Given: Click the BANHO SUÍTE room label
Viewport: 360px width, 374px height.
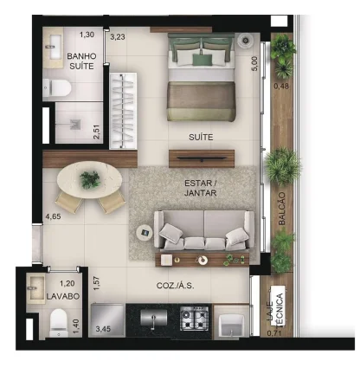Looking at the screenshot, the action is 81,61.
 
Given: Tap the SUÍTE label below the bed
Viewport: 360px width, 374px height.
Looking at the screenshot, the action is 201,137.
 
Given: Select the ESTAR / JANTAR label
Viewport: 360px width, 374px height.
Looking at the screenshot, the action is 201,188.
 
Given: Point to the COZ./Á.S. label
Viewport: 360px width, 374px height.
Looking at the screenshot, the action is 175,286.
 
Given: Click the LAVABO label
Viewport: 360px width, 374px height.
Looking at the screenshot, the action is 63,296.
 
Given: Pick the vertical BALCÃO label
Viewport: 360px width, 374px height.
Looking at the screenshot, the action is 282,209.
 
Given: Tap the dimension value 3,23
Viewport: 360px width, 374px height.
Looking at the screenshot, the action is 118,37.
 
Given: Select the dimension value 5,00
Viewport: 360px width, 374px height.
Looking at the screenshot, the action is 255,63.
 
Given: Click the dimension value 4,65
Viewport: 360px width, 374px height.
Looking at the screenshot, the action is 54,216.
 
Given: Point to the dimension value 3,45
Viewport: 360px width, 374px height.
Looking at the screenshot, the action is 103,328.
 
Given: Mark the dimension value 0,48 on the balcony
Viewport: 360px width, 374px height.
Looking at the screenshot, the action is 281,86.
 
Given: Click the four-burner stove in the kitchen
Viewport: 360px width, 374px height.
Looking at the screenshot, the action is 195,318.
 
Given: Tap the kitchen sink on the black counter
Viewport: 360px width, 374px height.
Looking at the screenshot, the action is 154,318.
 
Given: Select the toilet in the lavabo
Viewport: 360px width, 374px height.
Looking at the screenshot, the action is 59,323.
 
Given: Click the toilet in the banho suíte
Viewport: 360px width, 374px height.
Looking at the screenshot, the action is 57,87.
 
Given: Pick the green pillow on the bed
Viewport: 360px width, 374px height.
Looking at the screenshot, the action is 202,60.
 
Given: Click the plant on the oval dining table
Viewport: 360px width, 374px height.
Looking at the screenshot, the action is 90,180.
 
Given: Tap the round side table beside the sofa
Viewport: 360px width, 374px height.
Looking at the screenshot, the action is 145,233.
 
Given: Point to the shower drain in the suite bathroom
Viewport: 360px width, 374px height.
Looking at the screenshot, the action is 75,124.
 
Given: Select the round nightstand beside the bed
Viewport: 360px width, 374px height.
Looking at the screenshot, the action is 245,40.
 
